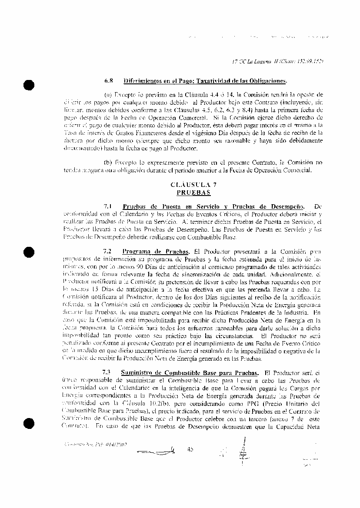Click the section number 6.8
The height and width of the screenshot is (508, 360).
coord(108,81)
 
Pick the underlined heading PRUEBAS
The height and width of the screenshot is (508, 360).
coord(193,192)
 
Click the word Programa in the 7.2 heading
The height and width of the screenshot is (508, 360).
coord(137,251)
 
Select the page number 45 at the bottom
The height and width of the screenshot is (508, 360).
coord(190,449)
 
